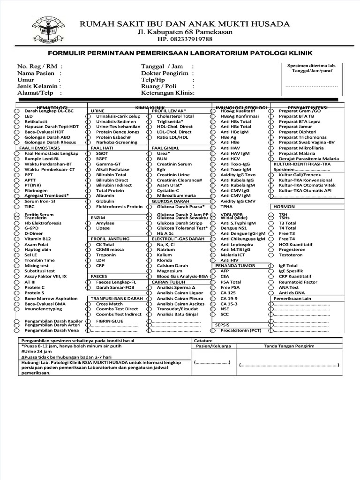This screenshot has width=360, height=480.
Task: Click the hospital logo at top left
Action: point(49,31)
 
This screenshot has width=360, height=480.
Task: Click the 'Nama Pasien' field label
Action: point(36,73)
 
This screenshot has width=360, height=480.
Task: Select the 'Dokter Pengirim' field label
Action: point(165,73)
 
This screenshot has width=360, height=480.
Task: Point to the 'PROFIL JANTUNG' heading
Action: point(110,239)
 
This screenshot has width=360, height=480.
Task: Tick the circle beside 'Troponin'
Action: point(88,255)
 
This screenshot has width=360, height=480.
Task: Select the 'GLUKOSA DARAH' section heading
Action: point(167,201)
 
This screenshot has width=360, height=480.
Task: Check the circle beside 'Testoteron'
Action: point(271,255)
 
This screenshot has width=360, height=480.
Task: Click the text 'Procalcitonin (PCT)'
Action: point(241,330)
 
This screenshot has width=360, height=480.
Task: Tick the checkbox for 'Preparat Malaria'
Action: point(271,153)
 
